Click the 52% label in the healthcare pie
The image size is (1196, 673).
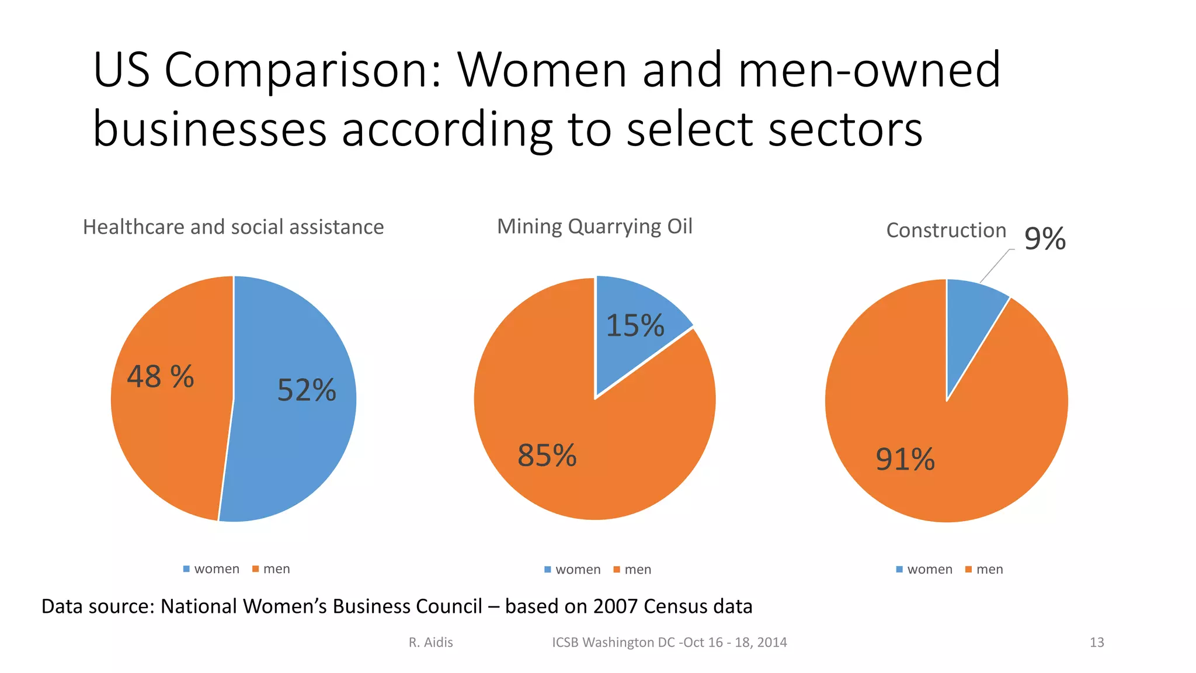[x=307, y=390]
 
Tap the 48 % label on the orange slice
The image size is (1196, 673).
[x=161, y=377]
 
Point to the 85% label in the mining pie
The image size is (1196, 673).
[x=547, y=456]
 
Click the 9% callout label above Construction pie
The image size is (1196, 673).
[x=1045, y=239]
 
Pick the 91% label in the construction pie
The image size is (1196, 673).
[x=905, y=460]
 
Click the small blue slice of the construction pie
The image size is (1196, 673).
[x=969, y=315]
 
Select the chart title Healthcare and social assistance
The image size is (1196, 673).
[x=233, y=227]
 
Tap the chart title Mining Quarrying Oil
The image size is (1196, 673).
[x=594, y=226]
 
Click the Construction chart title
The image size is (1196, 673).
[x=946, y=230]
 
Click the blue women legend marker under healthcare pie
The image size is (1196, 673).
[x=186, y=569]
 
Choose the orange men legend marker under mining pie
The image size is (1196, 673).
[x=617, y=570]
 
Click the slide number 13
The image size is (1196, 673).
[x=1097, y=643]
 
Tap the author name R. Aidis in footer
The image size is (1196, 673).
[x=430, y=643]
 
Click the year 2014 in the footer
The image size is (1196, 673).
[x=770, y=643]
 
